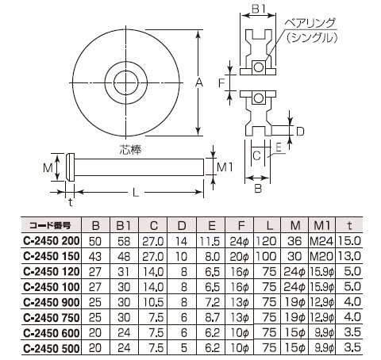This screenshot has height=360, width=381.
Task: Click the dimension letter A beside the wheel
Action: tap(198, 82)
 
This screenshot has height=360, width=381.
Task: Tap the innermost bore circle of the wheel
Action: tap(126, 71)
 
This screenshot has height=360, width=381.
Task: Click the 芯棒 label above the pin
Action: tap(130, 150)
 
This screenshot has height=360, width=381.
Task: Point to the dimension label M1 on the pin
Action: tap(225, 167)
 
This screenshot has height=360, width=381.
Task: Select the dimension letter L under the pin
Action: tap(136, 193)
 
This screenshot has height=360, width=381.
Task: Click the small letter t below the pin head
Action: tap(71, 202)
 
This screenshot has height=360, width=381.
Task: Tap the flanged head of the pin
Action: tap(70, 167)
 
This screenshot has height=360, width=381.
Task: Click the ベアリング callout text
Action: tap(310, 24)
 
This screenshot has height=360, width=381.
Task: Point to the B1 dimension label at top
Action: tap(258, 10)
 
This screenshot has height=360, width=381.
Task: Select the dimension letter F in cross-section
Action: tap(221, 83)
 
